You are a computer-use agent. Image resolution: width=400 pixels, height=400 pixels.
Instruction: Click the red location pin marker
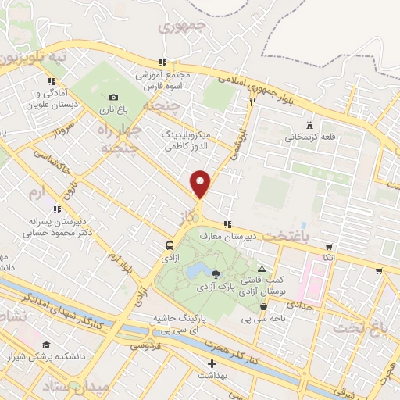click(x=201, y=184)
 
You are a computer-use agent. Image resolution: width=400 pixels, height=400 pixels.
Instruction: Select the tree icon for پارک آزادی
click(x=216, y=274)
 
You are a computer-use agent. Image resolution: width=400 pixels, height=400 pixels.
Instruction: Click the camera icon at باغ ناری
click(x=113, y=98)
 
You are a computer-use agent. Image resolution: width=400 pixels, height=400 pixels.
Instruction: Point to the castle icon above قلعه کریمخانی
click(x=310, y=125)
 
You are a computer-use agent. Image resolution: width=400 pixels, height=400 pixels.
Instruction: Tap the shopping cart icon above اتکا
click(x=329, y=246)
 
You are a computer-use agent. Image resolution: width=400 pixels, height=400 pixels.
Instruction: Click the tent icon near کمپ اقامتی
click(x=262, y=270)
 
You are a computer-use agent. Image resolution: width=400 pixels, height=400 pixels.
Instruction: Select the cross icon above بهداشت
click(x=211, y=363)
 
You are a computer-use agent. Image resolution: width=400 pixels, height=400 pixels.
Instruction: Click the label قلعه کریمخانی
click(x=310, y=137)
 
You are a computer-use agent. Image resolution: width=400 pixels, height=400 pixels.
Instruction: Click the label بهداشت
click(x=212, y=376)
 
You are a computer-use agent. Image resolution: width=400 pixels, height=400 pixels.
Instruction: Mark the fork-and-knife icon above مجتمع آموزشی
click(x=162, y=63)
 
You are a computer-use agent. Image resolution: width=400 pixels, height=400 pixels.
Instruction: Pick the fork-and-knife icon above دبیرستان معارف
click(x=227, y=225)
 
